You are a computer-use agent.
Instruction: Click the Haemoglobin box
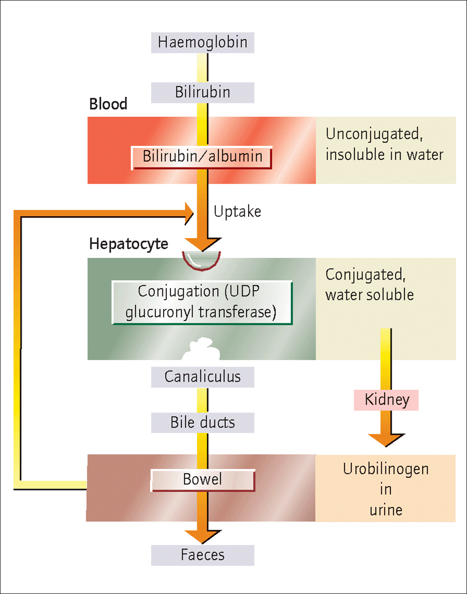(x=203, y=43)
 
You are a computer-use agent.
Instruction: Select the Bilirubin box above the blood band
(x=203, y=92)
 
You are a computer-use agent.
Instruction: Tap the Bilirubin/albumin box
(x=201, y=158)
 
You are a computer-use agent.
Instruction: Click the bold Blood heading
(x=108, y=104)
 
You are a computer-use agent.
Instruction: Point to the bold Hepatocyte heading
(x=128, y=243)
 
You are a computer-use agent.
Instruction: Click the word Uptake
(x=237, y=211)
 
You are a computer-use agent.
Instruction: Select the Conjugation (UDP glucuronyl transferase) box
(x=202, y=302)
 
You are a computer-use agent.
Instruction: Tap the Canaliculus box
(x=203, y=377)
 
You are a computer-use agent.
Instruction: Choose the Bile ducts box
(x=203, y=422)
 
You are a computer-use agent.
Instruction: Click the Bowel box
(x=203, y=480)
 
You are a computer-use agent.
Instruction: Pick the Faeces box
(x=203, y=555)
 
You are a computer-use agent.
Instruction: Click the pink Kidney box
(x=386, y=400)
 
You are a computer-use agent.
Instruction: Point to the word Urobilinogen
(x=386, y=469)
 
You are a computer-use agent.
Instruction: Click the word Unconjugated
(x=374, y=134)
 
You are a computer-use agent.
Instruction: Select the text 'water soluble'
(x=370, y=295)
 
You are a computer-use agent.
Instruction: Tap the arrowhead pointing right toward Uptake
(x=189, y=214)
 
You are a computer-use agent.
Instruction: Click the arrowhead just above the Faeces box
(x=203, y=537)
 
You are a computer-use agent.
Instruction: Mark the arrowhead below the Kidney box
(x=386, y=440)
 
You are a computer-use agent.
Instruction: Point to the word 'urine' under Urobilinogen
(x=386, y=511)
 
